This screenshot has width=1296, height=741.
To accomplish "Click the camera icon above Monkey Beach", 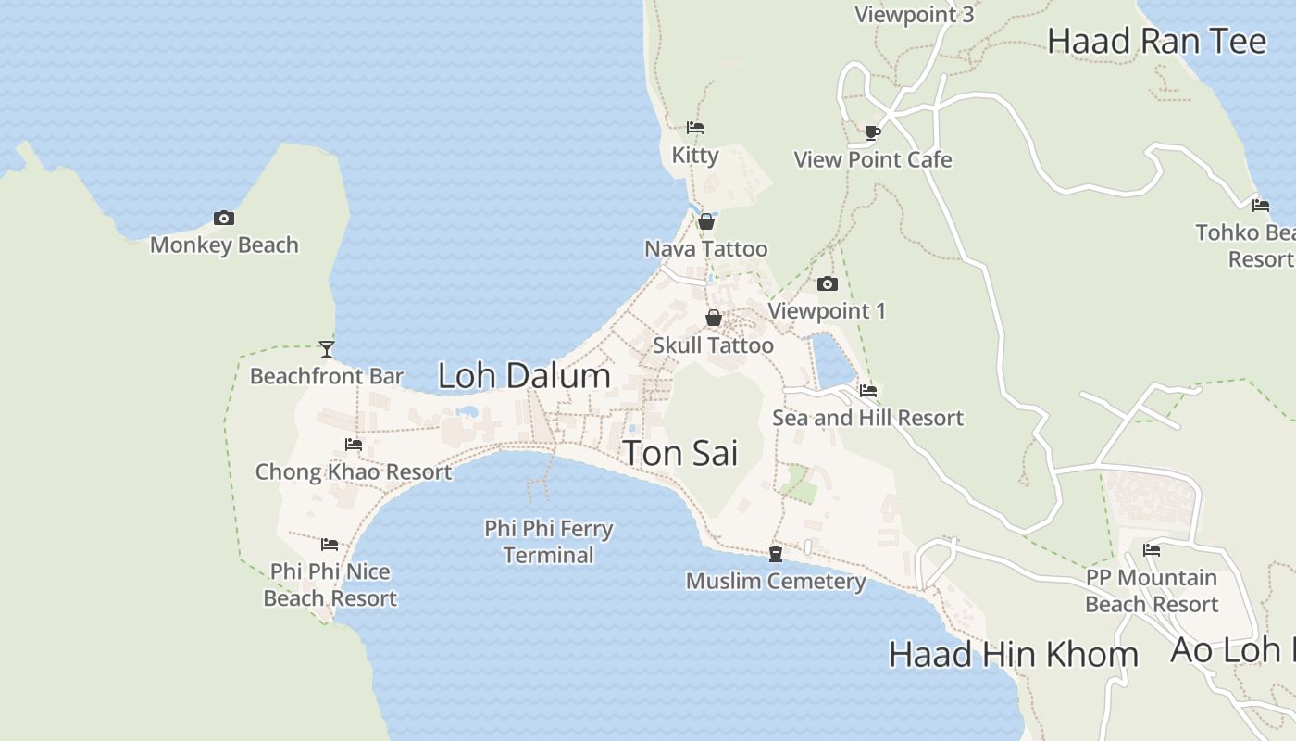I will [x=223, y=219].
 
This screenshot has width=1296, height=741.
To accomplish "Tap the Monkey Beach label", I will [x=224, y=245].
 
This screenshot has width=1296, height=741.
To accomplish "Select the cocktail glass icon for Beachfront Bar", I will [x=326, y=349].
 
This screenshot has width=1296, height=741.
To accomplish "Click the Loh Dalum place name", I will [x=524, y=376].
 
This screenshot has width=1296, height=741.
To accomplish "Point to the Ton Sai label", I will [x=680, y=454].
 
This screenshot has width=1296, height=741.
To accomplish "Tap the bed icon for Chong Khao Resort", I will [x=353, y=445].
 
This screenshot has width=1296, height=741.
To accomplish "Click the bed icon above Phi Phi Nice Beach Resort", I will [x=329, y=545].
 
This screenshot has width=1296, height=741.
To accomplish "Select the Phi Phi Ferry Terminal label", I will [x=549, y=542].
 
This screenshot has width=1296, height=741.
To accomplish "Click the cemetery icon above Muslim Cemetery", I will [x=775, y=554].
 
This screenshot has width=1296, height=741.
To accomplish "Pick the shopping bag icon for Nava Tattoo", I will [x=706, y=221].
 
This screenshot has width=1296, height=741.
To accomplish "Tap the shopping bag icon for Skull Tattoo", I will [x=713, y=318].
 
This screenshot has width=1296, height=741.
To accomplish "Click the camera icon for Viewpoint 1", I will [x=827, y=284].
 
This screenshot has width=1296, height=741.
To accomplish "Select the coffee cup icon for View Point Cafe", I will [x=872, y=132].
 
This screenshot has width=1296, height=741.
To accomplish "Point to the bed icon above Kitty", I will [x=694, y=128].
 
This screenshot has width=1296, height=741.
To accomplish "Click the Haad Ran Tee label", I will [x=1156, y=42].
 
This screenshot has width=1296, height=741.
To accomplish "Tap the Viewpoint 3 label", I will [x=914, y=15].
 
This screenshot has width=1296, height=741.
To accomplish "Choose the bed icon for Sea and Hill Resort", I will [x=867, y=391].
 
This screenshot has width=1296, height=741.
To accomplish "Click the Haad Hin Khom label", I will [x=1013, y=655].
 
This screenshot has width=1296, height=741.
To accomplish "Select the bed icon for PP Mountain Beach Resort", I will [x=1151, y=550].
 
